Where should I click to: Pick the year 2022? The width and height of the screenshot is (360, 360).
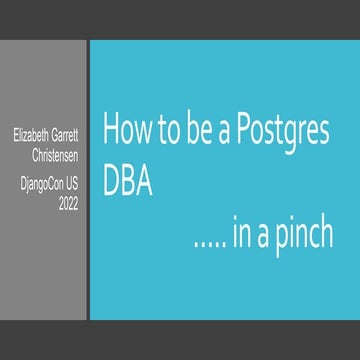tap(68, 203)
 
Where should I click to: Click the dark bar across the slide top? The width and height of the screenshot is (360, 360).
tap(180, 20)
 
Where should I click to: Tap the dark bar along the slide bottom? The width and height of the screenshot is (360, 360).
tap(180, 340)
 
